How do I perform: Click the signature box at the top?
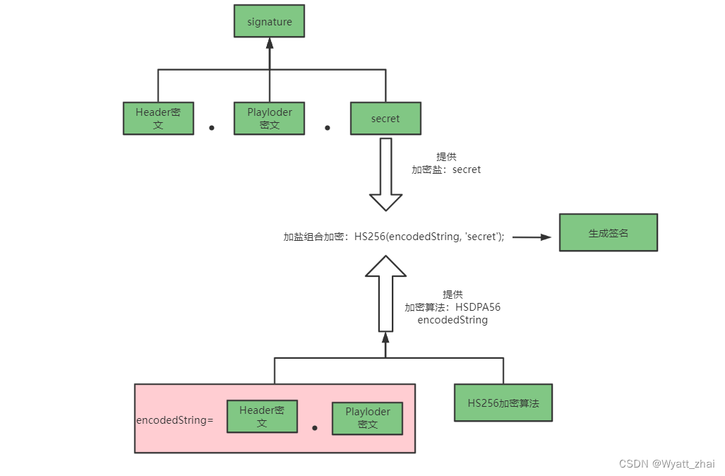pyautogui.click(x=270, y=22)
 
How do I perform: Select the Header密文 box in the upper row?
pyautogui.click(x=158, y=119)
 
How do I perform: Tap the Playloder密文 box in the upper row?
pyautogui.click(x=270, y=119)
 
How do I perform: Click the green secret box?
pyautogui.click(x=385, y=119)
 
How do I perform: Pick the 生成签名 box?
pyautogui.click(x=608, y=232)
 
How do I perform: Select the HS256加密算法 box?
pyautogui.click(x=503, y=403)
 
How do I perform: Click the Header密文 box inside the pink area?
pyautogui.click(x=261, y=417)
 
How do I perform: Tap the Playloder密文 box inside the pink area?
pyautogui.click(x=367, y=418)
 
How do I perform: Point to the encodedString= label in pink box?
pyautogui.click(x=174, y=420)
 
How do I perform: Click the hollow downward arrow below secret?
pyautogui.click(x=385, y=173)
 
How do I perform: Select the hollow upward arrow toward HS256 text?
pyautogui.click(x=385, y=293)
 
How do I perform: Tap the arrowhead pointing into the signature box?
pyautogui.click(x=270, y=43)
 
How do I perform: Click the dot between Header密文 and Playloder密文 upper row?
pyautogui.click(x=211, y=128)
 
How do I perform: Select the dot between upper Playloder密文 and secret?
pyautogui.click(x=327, y=128)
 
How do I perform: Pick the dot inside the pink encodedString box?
pyautogui.click(x=315, y=428)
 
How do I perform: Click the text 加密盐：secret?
pyautogui.click(x=446, y=169)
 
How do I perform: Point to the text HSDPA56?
pyautogui.click(x=478, y=307)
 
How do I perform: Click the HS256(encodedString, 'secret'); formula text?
pyautogui.click(x=429, y=237)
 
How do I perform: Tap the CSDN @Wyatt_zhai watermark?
pyautogui.click(x=666, y=463)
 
